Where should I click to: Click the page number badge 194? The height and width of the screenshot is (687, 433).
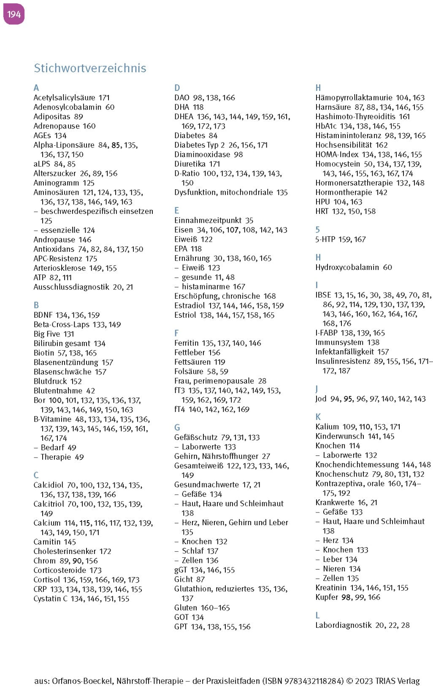pos(14,14)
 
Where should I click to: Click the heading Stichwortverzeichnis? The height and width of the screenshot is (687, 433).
pos(90,68)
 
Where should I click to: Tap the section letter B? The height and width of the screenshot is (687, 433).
pos(36,305)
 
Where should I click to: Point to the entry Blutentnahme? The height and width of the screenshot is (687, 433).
pos(58,391)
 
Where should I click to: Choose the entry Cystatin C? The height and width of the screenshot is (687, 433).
pos(50,599)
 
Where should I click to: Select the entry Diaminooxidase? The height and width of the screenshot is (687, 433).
pos(202,155)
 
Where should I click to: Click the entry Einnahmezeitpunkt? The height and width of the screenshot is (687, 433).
pos(208,221)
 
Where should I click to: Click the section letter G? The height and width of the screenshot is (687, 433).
pos(177,428)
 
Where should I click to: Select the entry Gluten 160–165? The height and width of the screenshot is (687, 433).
pos(202,608)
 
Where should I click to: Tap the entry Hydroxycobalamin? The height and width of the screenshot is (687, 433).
pos(347,267)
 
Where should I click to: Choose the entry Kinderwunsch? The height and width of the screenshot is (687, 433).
pos(339,436)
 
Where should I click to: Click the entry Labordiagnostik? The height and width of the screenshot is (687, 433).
pos(343,625)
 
